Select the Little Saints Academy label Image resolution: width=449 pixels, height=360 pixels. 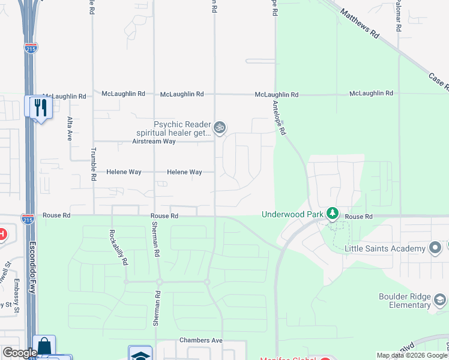385,248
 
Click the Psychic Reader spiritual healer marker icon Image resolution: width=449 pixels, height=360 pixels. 220,127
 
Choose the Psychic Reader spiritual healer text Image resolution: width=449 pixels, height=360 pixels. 182,128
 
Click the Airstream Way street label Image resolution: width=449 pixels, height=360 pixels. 154,142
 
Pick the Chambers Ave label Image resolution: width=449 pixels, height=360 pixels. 201,340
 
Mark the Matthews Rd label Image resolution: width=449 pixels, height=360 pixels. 360,24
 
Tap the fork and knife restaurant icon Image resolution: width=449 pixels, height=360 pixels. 41,107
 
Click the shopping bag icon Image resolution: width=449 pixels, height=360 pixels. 44,347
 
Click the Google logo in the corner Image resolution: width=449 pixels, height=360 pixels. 20,353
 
